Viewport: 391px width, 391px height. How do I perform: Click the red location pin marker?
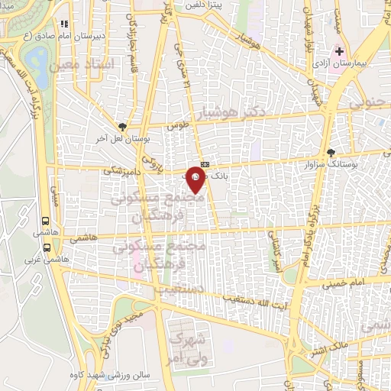click(x=196, y=183)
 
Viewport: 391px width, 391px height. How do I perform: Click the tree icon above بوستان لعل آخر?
click(x=123, y=127)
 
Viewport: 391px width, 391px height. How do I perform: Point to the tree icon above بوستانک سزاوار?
click(x=330, y=151)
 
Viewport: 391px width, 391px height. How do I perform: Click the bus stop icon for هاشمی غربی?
click(x=48, y=247)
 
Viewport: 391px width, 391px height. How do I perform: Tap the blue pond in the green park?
click(x=34, y=56)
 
